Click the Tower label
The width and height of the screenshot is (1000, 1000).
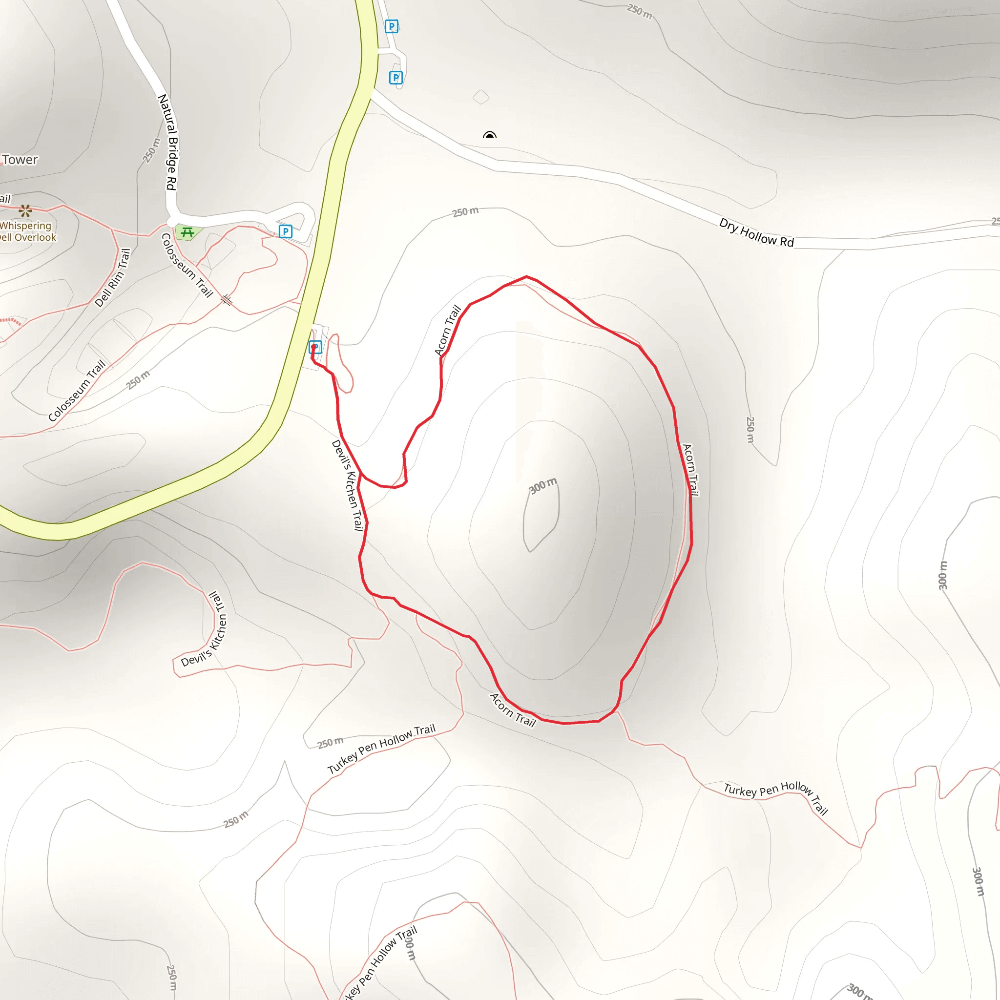coord(20,160)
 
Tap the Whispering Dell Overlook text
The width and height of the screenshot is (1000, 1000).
coord(27,231)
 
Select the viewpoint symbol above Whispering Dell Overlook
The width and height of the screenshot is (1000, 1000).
coord(25,210)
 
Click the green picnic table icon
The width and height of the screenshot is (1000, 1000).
coord(187,232)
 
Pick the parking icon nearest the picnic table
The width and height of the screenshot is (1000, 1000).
coord(285,231)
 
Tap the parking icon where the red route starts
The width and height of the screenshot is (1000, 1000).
coord(315,347)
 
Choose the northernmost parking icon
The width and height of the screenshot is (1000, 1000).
coord(392,26)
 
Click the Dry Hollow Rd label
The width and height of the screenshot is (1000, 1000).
coord(756,232)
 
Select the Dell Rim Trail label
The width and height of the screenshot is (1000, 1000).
coord(113,277)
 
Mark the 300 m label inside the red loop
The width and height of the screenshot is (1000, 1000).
coord(542,485)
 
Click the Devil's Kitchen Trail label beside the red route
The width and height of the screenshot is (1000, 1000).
coord(347,485)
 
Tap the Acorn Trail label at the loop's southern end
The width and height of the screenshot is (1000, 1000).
coord(512,709)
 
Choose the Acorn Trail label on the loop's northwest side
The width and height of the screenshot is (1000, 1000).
coord(448,330)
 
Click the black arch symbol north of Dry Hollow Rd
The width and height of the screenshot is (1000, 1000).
coord(489,135)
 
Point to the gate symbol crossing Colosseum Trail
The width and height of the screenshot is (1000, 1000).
coord(227,300)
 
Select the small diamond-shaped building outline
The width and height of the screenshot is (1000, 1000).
coord(481,97)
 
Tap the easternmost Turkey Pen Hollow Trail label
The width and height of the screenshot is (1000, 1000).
coord(775,797)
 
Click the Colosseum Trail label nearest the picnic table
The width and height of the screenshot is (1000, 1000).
coord(187,265)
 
